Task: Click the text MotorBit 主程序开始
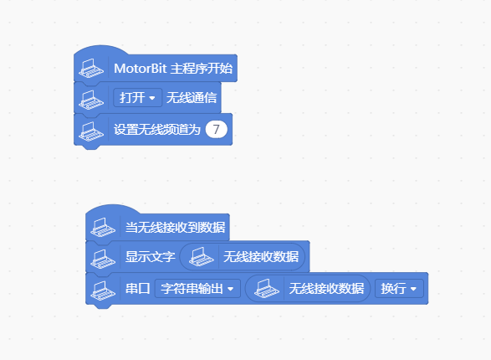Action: (x=173, y=69)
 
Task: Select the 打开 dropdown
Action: (x=137, y=98)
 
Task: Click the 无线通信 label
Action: (x=192, y=98)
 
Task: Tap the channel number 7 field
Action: (x=217, y=129)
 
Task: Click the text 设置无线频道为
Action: (x=157, y=130)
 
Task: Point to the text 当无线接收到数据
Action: (x=175, y=228)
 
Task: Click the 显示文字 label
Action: (x=150, y=257)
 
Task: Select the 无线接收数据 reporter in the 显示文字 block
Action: (x=243, y=257)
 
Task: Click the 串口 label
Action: (x=137, y=289)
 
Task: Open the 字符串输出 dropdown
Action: (x=197, y=289)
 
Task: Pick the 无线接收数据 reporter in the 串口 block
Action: (x=308, y=289)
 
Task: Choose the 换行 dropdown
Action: (x=399, y=289)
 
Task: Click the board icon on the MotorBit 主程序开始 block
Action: (x=91, y=69)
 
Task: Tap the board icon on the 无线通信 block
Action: (x=91, y=100)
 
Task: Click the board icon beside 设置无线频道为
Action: (x=91, y=131)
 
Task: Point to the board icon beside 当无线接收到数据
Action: (x=103, y=227)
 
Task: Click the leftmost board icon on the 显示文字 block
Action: (x=103, y=259)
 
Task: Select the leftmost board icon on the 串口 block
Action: (x=103, y=291)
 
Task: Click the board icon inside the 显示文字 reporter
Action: (x=202, y=257)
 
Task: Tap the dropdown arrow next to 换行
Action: (x=413, y=289)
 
